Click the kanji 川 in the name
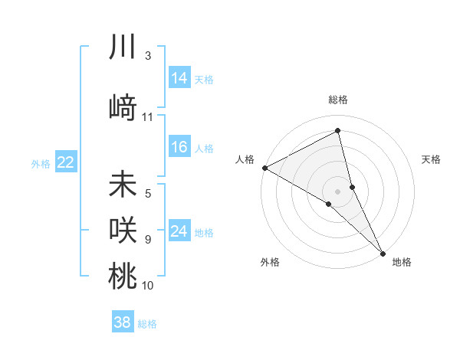(123, 47)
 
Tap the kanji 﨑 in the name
(123, 106)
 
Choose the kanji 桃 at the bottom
(123, 276)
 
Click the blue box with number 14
(179, 78)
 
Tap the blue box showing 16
(179, 147)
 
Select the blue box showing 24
(179, 231)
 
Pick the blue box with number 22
(66, 162)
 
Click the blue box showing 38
(123, 322)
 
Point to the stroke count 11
(148, 117)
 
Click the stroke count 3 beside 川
(148, 56)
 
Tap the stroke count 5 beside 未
(148, 194)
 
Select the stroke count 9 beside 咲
(148, 239)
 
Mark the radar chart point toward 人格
(264, 167)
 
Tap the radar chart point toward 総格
(337, 131)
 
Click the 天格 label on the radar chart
(432, 159)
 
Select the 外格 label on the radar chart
(270, 262)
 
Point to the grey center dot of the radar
(337, 191)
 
